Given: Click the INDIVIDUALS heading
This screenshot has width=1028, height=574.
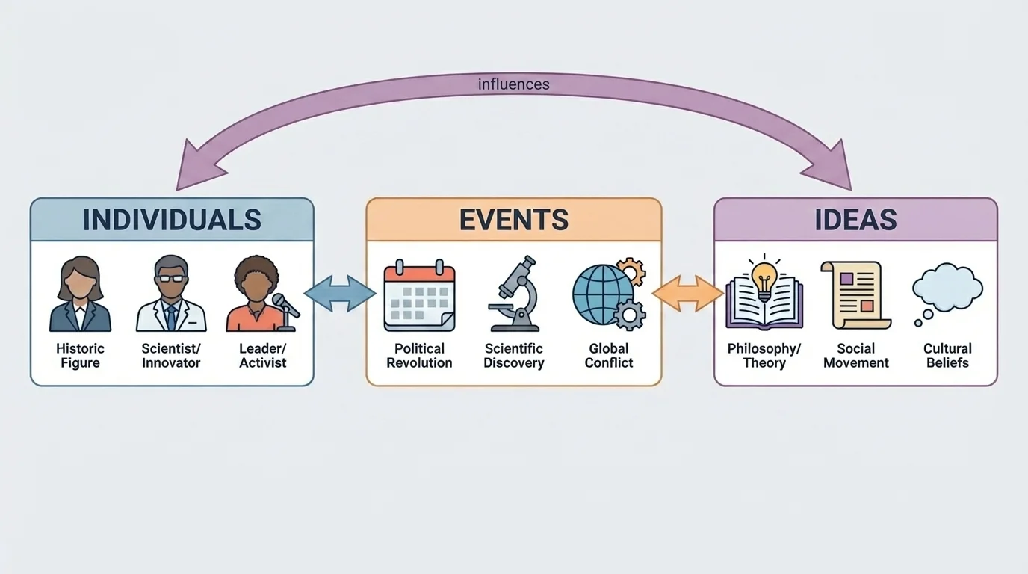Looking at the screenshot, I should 172,220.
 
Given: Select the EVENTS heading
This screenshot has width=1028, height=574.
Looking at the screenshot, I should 513,220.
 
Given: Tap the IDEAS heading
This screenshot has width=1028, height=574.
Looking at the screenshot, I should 855,220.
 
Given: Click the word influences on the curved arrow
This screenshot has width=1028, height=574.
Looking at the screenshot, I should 513,84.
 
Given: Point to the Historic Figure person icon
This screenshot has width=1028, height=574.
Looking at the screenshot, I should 80,294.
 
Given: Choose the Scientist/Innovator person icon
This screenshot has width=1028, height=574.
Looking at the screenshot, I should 171,294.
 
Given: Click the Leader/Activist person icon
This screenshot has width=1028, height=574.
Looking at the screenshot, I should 256,294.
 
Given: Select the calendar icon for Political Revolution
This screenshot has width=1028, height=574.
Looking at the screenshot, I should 419,295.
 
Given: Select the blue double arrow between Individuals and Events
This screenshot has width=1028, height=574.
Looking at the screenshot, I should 340,293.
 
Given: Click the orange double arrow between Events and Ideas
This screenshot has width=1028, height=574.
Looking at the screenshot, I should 688,293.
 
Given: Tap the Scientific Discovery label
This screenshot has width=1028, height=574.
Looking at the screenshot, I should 513,356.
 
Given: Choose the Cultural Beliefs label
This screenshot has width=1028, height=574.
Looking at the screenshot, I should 947,356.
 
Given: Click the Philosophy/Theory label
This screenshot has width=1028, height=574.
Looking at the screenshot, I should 764,356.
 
